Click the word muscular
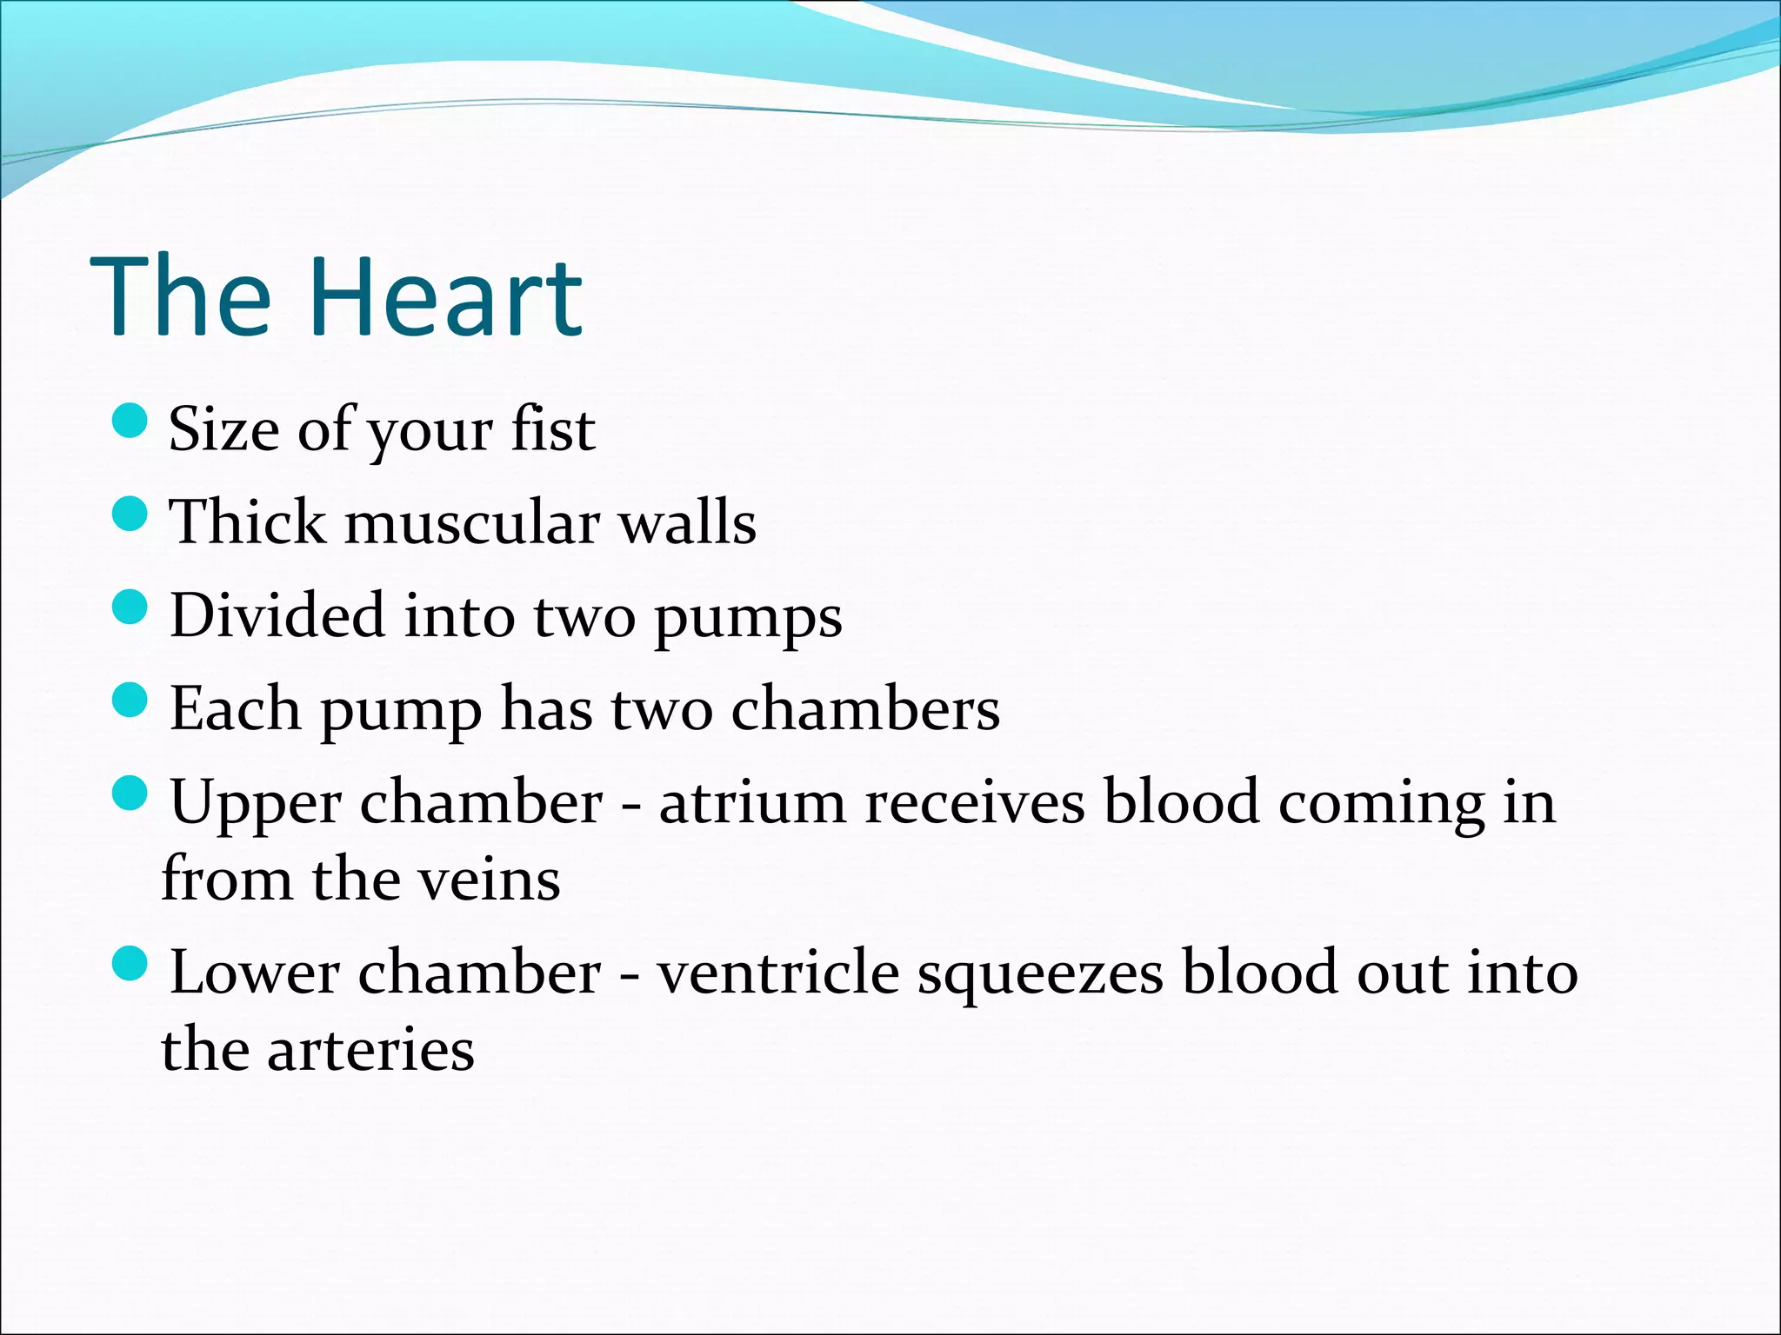pyautogui.click(x=472, y=523)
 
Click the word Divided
pyautogui.click(x=277, y=615)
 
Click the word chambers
pyautogui.click(x=865, y=708)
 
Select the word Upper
pyautogui.click(x=255, y=804)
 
